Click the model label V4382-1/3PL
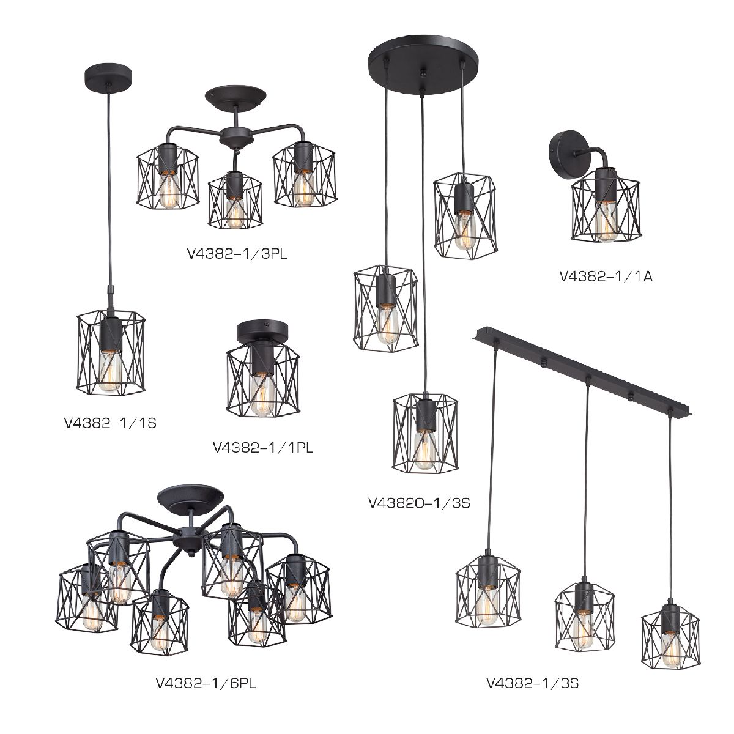click(237, 254)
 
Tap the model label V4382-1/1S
click(111, 423)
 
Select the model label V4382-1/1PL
click(263, 448)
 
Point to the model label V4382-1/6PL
click(206, 683)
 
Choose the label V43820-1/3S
click(420, 503)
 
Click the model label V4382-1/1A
click(606, 276)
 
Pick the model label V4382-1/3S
click(533, 683)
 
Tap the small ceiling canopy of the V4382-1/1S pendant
click(108, 78)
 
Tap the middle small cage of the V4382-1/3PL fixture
click(235, 201)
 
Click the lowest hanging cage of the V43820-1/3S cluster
click(425, 433)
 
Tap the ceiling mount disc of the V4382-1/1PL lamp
click(263, 332)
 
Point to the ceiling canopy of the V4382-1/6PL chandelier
click(190, 498)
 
